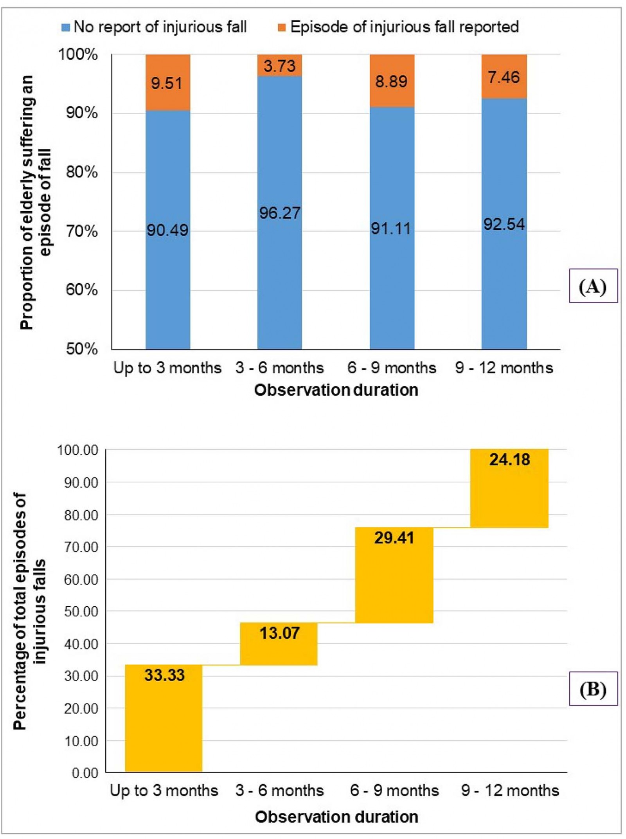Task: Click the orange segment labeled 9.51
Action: coord(168,83)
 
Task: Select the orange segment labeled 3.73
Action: coord(279,65)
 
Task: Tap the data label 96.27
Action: coord(280,213)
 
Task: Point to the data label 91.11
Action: coord(391,229)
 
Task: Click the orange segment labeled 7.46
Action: coord(504,77)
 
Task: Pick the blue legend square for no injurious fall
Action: coord(66,27)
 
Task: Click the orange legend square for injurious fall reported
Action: coord(281,27)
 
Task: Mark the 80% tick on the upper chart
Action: coord(82,172)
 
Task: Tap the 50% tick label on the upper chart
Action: coord(82,349)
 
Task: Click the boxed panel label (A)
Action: coord(593,286)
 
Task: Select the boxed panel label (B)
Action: coord(593,689)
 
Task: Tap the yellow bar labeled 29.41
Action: coord(394,575)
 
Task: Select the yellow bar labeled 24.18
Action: coord(509,488)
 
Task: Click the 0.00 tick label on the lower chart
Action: coord(85,773)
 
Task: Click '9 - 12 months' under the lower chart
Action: coord(510,791)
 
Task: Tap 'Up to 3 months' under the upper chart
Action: coord(167,368)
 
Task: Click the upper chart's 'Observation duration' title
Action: coord(336,390)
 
